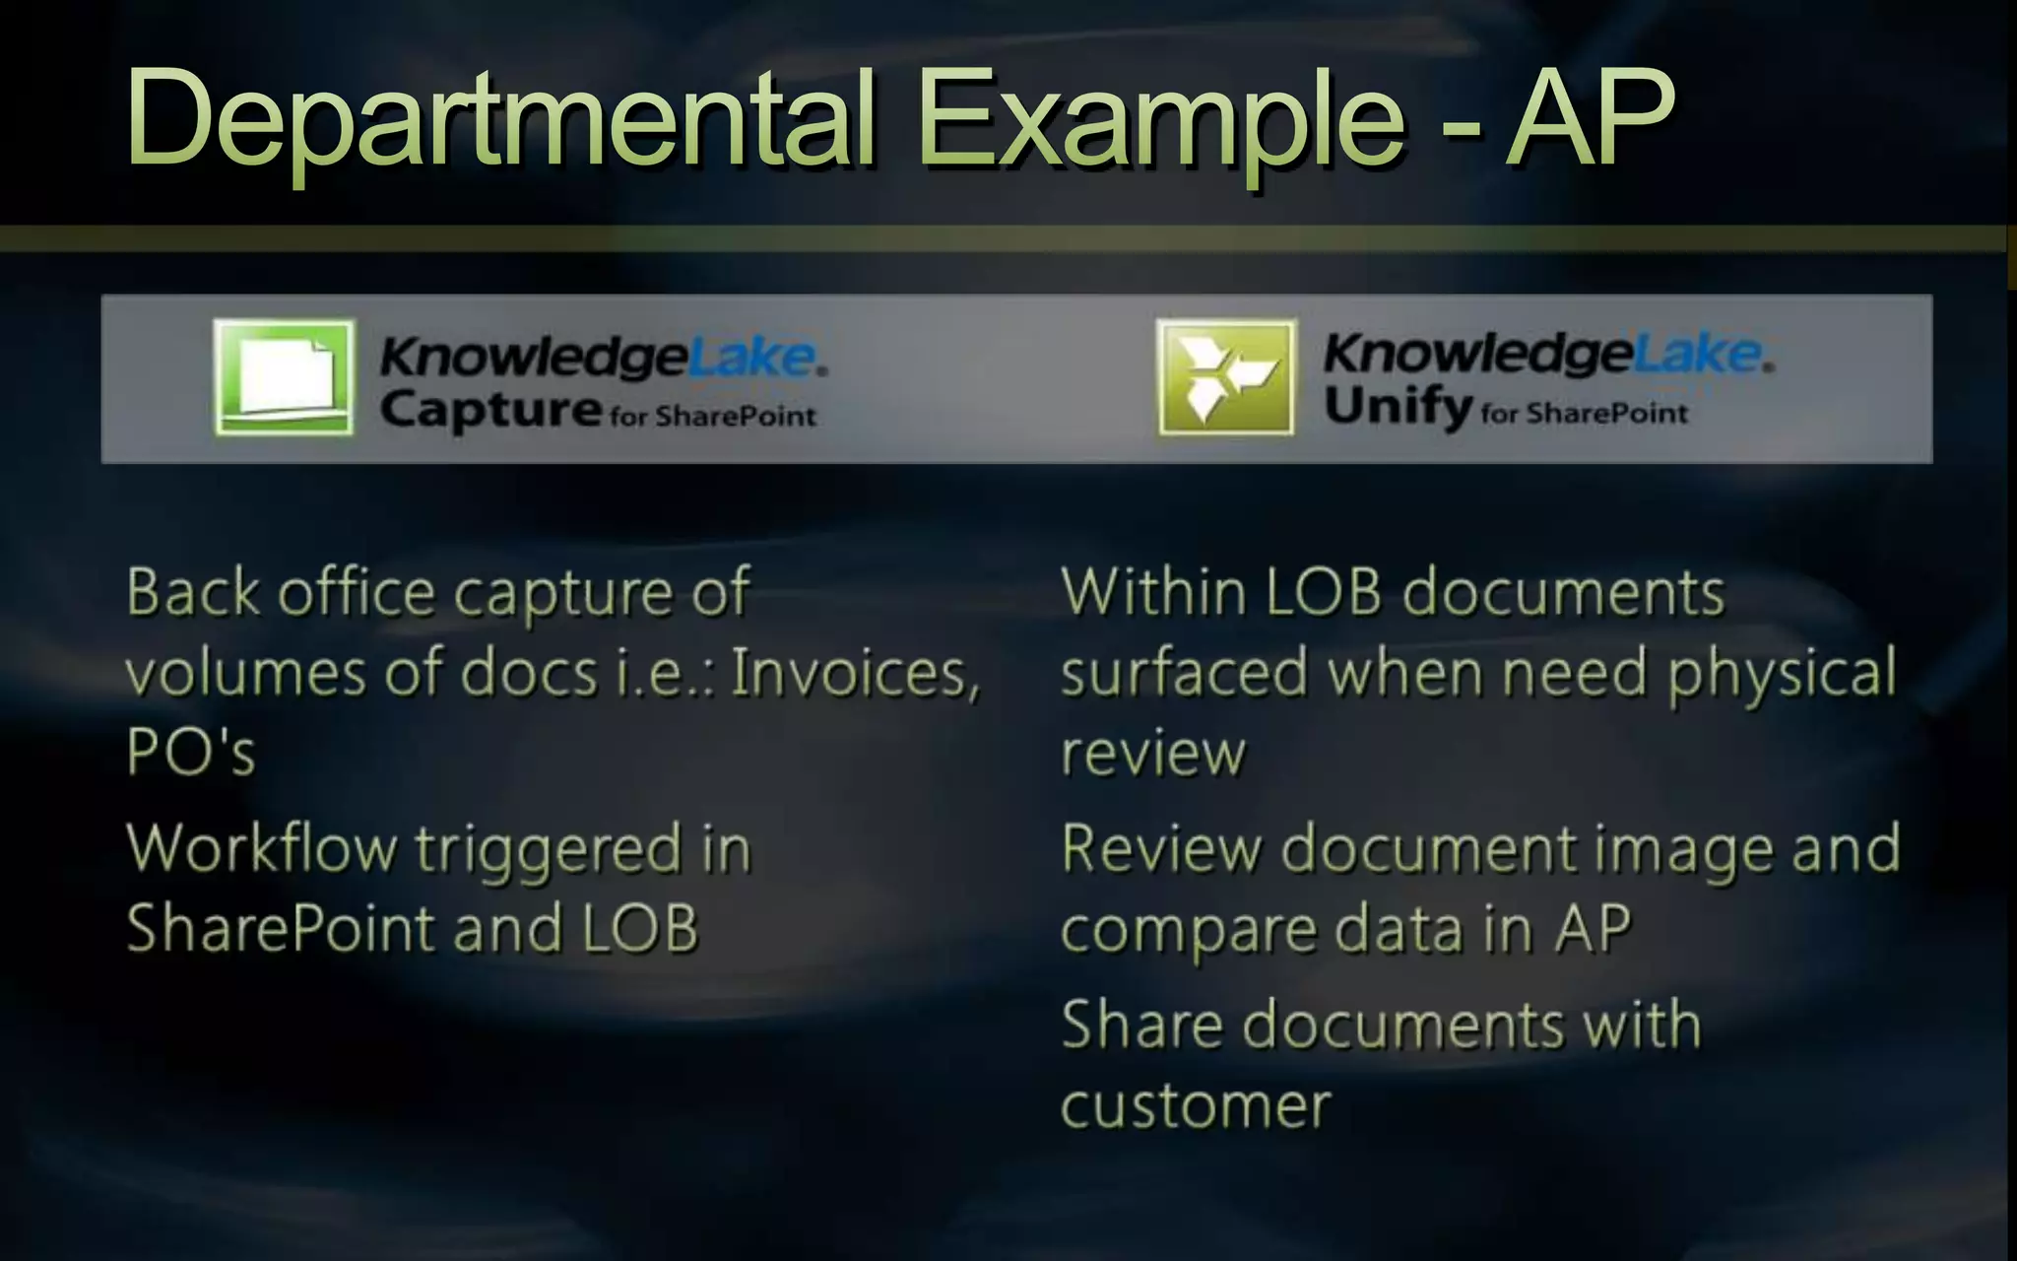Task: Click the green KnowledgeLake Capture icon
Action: (284, 377)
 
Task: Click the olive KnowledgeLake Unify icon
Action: (1226, 377)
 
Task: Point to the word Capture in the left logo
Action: (489, 410)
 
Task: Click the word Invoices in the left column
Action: (855, 674)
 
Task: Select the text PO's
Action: (191, 753)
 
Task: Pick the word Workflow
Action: (262, 849)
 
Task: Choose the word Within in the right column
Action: (1153, 593)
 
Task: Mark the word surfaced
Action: (1183, 674)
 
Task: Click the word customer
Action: (1196, 1106)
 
